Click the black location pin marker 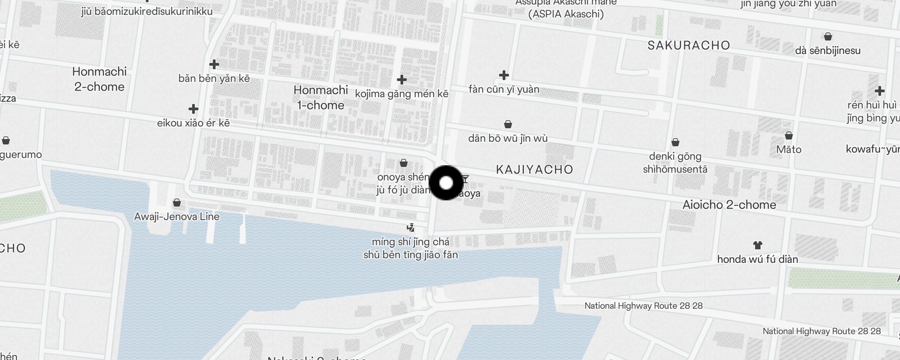(x=446, y=183)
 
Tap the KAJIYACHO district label (x=534, y=170)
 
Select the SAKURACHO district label (x=688, y=45)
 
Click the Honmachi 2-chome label (x=99, y=79)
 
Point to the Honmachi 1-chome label (x=320, y=98)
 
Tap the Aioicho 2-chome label (x=729, y=205)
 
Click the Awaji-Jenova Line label (x=177, y=216)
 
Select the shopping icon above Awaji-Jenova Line (x=177, y=203)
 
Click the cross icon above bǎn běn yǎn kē (x=214, y=64)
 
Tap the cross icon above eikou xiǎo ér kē (x=193, y=109)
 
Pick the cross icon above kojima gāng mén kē (x=402, y=80)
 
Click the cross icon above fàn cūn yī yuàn (x=504, y=75)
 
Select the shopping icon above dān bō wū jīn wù (x=508, y=124)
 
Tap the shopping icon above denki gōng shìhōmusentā (x=675, y=143)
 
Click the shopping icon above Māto (x=788, y=135)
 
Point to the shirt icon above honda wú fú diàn (x=757, y=245)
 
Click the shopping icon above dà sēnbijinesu (x=828, y=36)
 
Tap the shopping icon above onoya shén (x=404, y=163)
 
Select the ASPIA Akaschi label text (x=566, y=14)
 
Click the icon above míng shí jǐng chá (x=410, y=228)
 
